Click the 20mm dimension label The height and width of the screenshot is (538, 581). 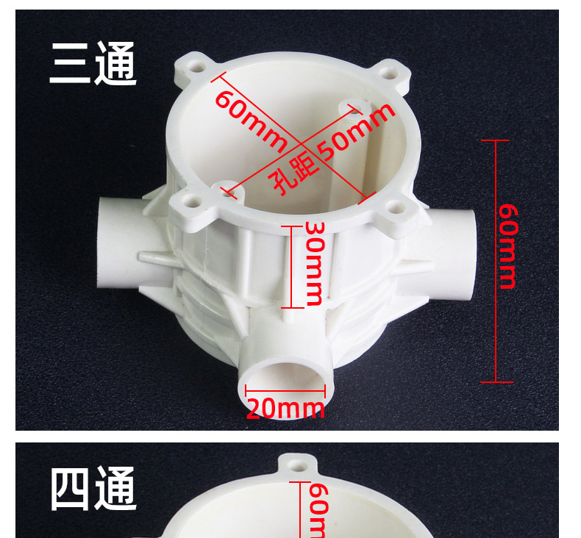pos(285,409)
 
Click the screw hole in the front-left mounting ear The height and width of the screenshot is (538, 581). pos(192,199)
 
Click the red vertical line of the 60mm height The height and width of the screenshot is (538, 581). pos(496,261)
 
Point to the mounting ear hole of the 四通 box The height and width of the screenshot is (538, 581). pos(297,465)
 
